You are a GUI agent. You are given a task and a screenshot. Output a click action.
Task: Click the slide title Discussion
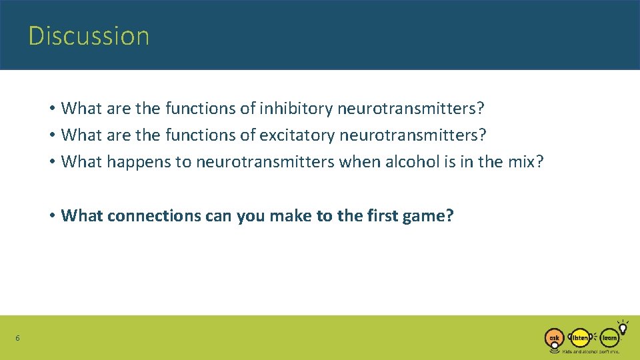pos(89,35)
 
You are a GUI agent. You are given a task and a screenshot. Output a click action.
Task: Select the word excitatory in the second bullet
pos(297,135)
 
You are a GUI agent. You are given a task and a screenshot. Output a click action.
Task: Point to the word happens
pos(138,162)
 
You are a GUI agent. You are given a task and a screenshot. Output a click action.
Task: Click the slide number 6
pos(17,339)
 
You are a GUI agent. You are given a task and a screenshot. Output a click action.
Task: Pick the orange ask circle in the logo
pos(553,338)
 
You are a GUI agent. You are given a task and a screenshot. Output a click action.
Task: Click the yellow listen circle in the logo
pos(581,337)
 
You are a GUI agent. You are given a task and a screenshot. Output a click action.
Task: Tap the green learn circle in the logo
pos(609,337)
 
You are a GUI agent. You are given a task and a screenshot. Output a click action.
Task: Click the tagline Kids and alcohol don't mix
pos(591,351)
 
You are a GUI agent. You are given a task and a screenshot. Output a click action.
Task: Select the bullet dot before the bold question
pos(51,216)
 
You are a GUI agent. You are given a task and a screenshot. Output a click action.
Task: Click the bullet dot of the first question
pos(51,108)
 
